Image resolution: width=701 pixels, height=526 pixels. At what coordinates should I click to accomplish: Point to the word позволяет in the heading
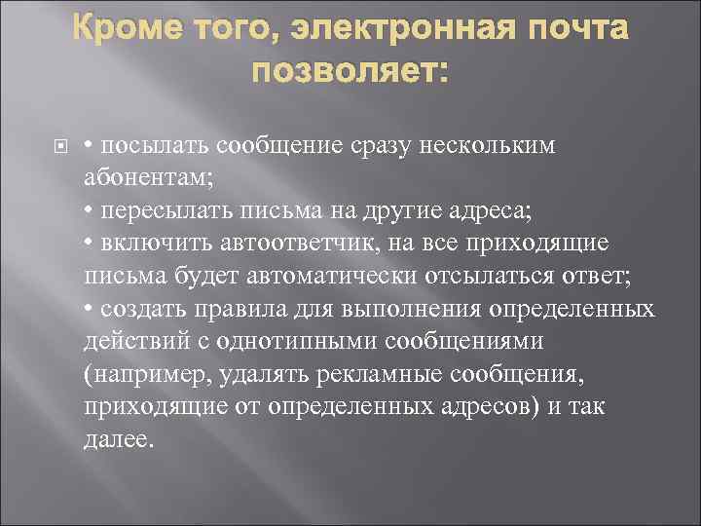346,72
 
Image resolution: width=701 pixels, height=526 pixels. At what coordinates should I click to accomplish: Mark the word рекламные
373,375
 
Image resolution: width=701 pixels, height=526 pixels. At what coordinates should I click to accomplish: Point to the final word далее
118,440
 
